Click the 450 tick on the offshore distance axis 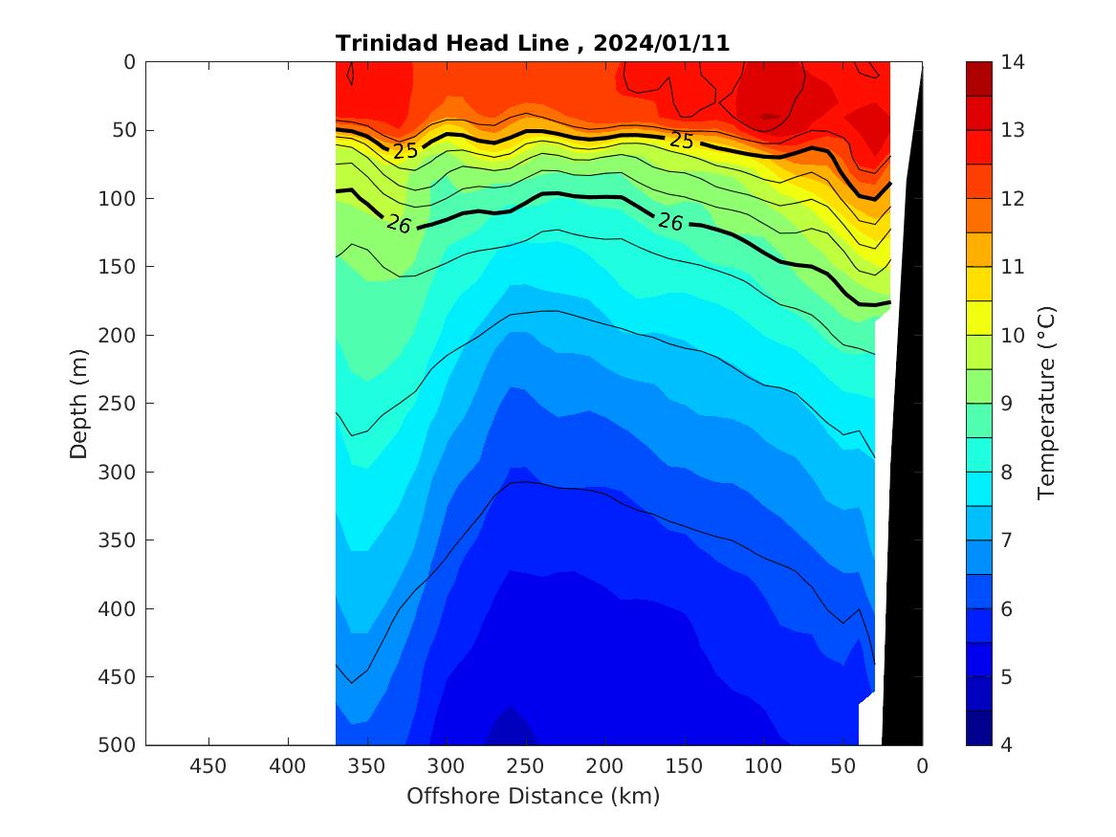tap(208, 766)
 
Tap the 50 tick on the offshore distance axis tap(842, 766)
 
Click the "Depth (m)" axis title tap(79, 404)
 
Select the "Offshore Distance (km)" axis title tap(533, 796)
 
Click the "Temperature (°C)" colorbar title tap(1045, 404)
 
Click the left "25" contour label tap(405, 150)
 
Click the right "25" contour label tap(681, 141)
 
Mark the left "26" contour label tap(399, 224)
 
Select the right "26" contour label tap(670, 222)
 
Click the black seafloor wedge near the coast tap(904, 478)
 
